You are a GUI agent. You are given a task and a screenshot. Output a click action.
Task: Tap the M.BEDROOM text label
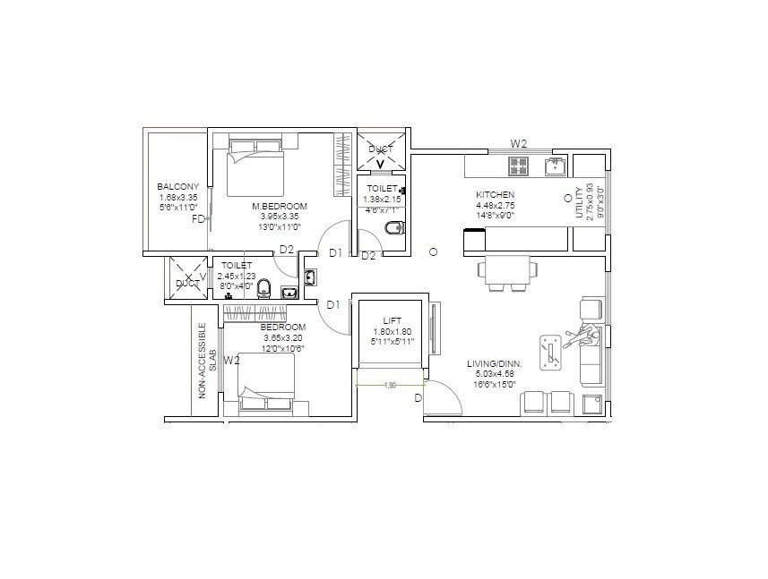tap(275, 205)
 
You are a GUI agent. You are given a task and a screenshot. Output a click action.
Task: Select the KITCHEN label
tap(495, 194)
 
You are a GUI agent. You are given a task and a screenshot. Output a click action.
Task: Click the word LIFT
tap(391, 320)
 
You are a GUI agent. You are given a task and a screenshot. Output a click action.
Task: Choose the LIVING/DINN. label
tap(495, 363)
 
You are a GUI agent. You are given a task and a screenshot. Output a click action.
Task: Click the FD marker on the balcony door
tap(198, 218)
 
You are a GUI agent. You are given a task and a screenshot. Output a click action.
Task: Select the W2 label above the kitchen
tap(518, 143)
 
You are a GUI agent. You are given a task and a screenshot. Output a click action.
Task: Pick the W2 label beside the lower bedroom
tap(231, 361)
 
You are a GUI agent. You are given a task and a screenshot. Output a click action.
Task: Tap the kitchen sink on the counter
tap(555, 165)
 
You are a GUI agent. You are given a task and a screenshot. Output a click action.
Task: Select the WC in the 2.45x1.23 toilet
tap(263, 288)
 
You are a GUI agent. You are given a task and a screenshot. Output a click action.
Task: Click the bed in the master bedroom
tap(255, 166)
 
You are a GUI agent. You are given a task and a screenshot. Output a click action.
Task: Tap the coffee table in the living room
tap(550, 351)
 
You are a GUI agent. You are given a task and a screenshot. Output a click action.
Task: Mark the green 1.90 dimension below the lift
tap(390, 386)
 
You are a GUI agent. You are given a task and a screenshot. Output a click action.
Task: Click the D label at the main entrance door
tap(417, 397)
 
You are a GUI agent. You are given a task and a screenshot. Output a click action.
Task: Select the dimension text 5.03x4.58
tap(495, 374)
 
